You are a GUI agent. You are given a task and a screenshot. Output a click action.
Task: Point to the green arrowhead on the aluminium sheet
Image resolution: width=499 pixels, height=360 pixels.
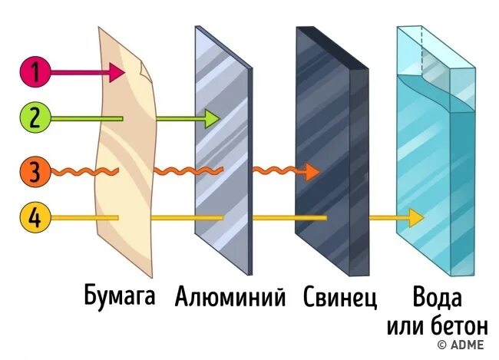click(211, 118)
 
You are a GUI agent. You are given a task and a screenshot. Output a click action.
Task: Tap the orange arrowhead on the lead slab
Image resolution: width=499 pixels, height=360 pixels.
click(310, 171)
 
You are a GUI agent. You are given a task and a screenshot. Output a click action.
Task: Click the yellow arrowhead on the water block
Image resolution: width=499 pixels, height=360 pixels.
click(415, 218)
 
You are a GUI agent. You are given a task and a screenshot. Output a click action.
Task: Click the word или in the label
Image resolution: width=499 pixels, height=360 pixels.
click(406, 327)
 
